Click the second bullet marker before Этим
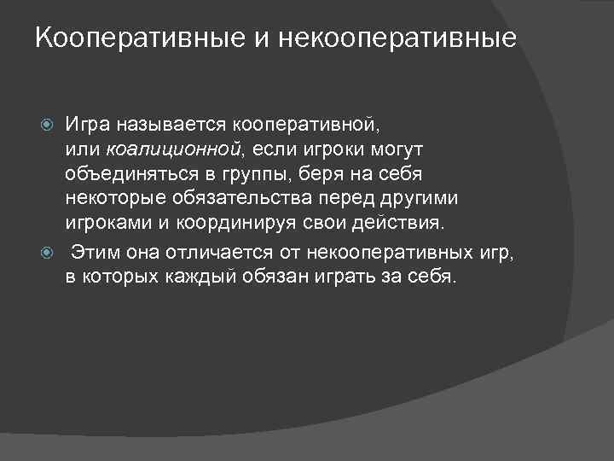coord(49,253)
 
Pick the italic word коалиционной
coord(185,151)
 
